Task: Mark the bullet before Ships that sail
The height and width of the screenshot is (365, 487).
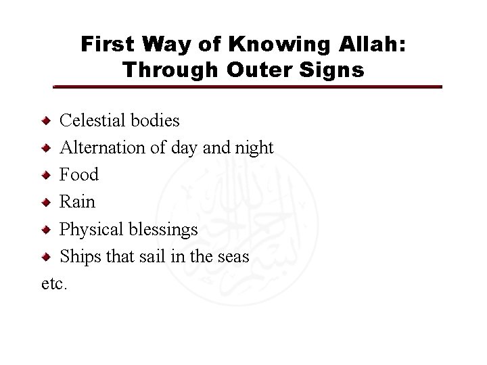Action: coord(45,257)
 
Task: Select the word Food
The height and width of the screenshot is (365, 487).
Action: coord(79,175)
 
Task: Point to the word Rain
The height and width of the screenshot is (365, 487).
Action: coord(78,202)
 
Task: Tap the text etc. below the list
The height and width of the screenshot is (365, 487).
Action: coord(54,284)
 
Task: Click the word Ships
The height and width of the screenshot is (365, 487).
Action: coord(79,257)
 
